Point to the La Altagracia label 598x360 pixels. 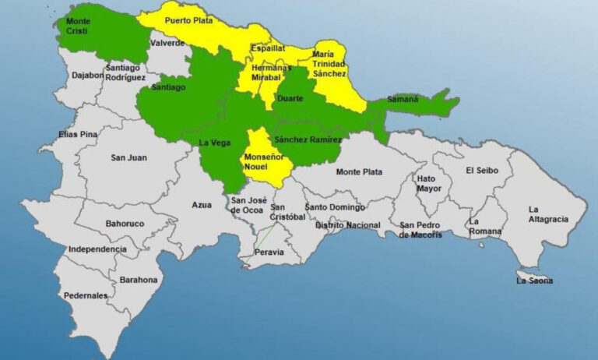pyautogui.click(x=544, y=214)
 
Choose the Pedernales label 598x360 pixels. pyautogui.click(x=86, y=296)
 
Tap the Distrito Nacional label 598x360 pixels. pyautogui.click(x=348, y=225)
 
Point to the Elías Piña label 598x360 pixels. pyautogui.click(x=79, y=135)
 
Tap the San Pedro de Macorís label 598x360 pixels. pyautogui.click(x=420, y=230)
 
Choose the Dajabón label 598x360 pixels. pyautogui.click(x=86, y=76)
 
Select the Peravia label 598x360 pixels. pyautogui.click(x=269, y=252)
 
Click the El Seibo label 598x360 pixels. pyautogui.click(x=482, y=171)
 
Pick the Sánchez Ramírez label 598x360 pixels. pyautogui.click(x=308, y=139)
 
